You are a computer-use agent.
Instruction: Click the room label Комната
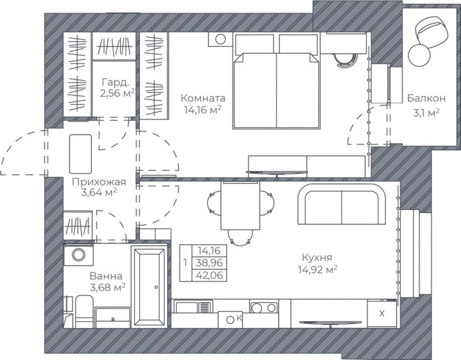coord(203,98)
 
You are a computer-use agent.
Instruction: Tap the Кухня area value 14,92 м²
coord(317,270)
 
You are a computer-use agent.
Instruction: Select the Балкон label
coord(426,98)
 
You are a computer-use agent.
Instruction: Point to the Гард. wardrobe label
coord(115,82)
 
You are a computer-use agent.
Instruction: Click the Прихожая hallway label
coord(99,182)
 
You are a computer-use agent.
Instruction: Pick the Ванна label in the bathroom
coord(106,276)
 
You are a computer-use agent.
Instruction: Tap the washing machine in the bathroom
coord(78,254)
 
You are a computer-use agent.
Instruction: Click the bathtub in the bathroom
coord(149,287)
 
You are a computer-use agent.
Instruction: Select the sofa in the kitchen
coord(341,204)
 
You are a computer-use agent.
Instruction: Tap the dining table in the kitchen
coord(240,205)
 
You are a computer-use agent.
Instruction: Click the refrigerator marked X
coord(382,314)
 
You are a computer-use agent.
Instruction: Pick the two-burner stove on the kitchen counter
coord(264,307)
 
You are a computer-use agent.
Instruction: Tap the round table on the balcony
coord(419,55)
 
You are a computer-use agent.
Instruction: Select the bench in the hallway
coord(80,154)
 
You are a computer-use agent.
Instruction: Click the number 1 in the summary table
coord(185,262)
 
